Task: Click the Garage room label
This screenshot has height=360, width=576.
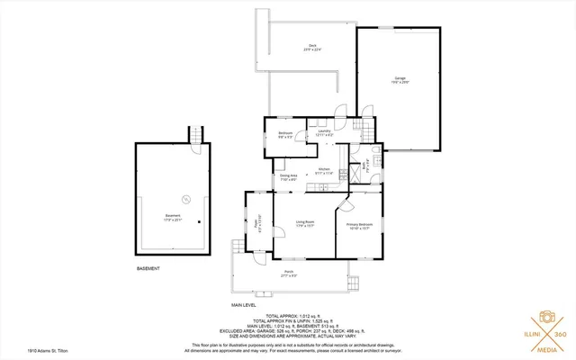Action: pos(400,79)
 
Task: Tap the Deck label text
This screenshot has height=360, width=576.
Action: pos(312,47)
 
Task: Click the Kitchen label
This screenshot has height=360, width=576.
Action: pos(325,170)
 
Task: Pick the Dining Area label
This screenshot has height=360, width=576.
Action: pos(288,176)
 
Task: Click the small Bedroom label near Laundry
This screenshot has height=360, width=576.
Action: pos(285,134)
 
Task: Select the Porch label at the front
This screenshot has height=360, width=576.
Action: pos(289,273)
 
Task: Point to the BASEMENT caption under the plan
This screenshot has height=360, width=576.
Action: pos(148,268)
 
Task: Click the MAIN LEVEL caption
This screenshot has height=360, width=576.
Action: pos(244,305)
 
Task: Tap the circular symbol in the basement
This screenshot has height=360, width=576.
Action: pos(186,199)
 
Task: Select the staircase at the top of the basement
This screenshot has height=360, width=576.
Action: pos(195,135)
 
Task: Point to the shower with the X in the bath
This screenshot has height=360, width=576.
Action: pos(356,166)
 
